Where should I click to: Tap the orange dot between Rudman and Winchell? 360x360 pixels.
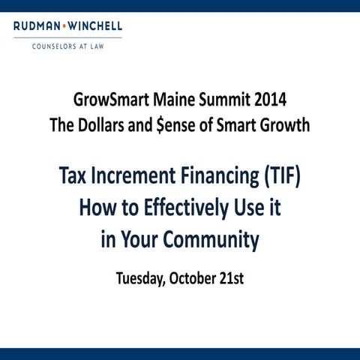[x=64, y=28]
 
